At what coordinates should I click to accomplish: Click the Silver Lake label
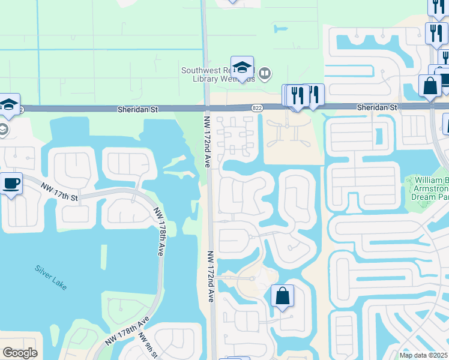[x=50, y=278]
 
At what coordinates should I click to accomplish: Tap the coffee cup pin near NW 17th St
[x=12, y=182]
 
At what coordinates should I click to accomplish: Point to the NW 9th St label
[x=149, y=345]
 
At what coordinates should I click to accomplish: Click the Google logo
[x=20, y=353]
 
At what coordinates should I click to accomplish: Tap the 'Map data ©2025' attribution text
[x=424, y=355]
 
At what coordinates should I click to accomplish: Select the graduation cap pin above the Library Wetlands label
[x=242, y=68]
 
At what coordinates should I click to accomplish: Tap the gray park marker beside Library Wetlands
[x=265, y=74]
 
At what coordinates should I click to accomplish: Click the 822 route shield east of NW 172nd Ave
[x=257, y=107]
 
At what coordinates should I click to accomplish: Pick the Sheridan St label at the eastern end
[x=377, y=107]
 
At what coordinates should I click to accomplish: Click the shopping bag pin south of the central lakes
[x=282, y=296]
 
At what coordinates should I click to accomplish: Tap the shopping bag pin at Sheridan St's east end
[x=430, y=85]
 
